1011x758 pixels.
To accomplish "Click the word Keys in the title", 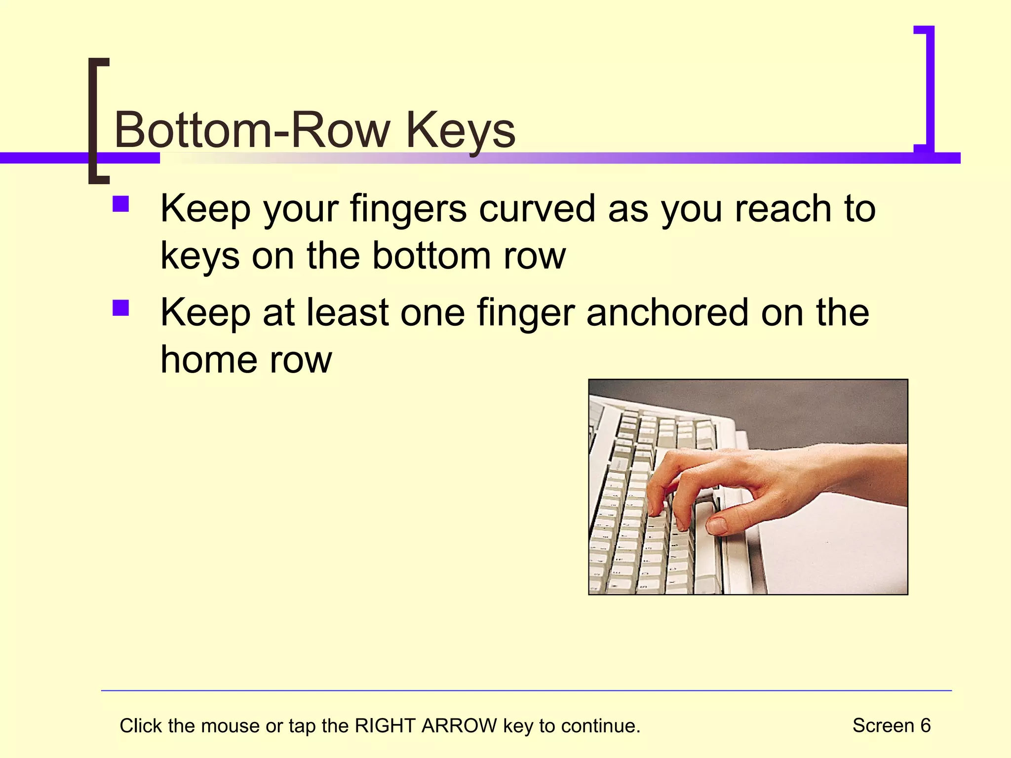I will (x=461, y=131).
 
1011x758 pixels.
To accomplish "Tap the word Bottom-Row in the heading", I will (x=252, y=130).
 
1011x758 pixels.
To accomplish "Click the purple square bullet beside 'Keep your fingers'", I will (x=120, y=204).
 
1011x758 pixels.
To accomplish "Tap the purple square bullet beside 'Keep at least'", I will (x=120, y=308).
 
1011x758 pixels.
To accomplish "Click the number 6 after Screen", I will (x=925, y=725).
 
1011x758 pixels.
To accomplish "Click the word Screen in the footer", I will (x=883, y=725).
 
